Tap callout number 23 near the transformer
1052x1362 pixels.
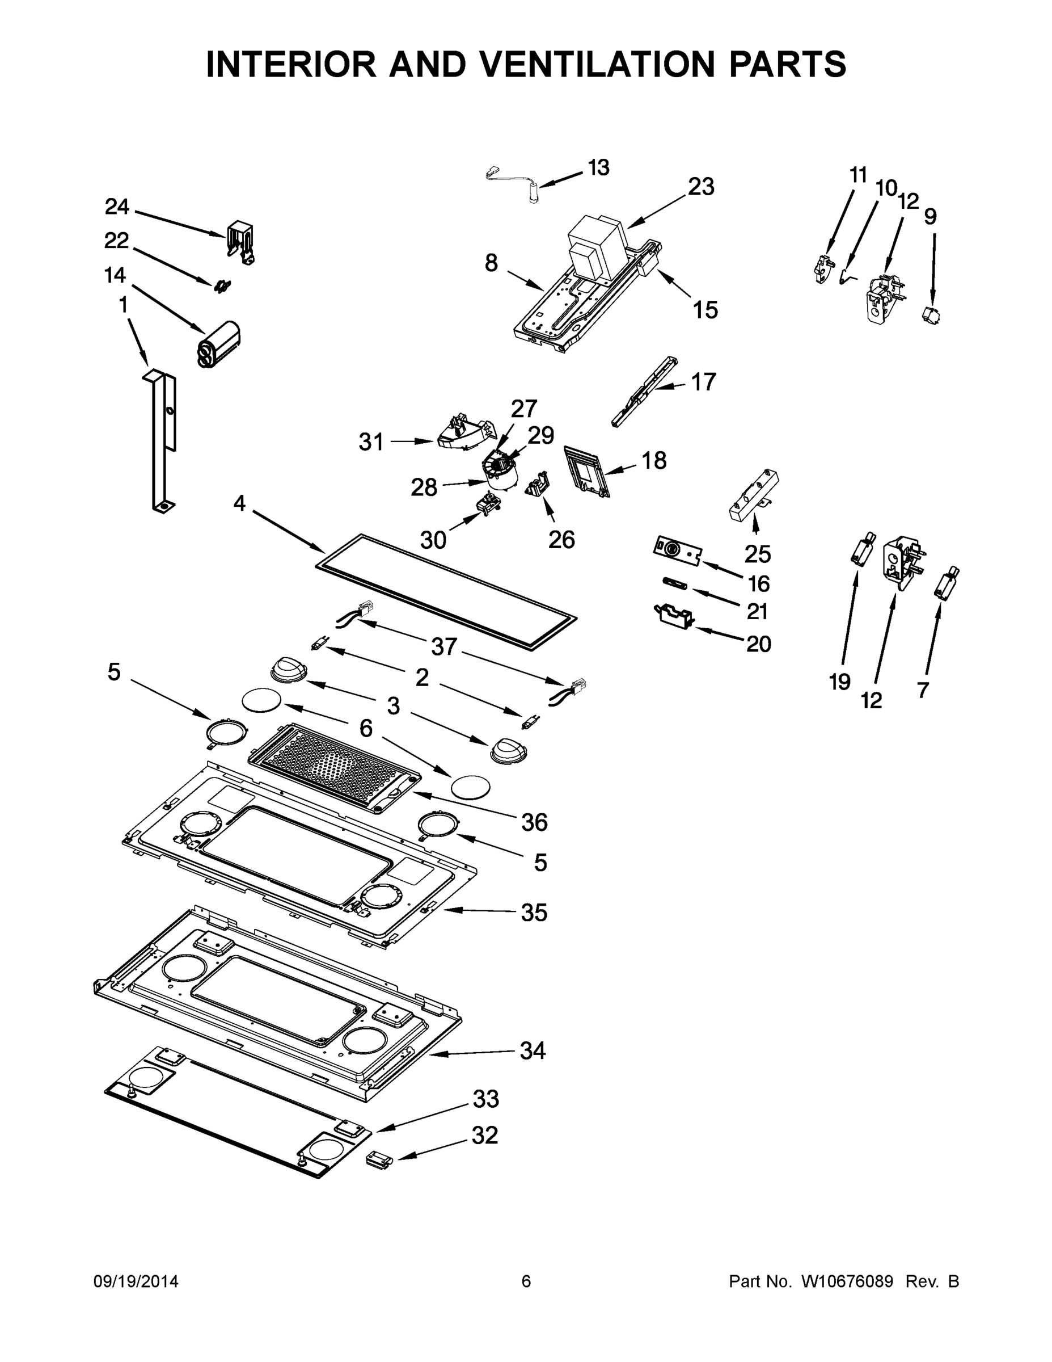(x=700, y=187)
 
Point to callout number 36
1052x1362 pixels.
(x=534, y=822)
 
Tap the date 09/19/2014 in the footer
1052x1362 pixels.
(x=136, y=1281)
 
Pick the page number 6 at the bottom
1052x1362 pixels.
(x=526, y=1281)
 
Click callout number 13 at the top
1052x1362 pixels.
(x=598, y=168)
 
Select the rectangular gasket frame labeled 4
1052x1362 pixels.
(x=446, y=591)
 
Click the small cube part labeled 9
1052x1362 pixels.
(x=931, y=315)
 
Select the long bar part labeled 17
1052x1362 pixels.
(x=644, y=393)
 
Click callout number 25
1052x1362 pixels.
(x=757, y=554)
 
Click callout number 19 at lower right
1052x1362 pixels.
(x=839, y=682)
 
